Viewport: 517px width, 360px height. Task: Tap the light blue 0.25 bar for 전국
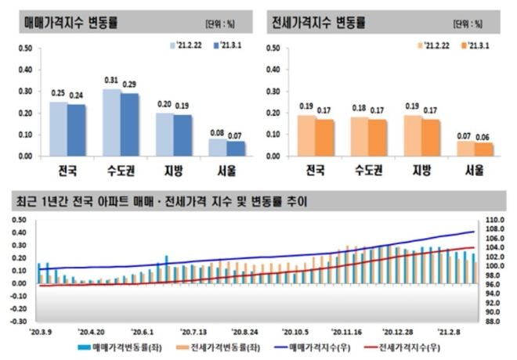58,128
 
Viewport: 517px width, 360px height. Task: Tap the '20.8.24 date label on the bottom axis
246,332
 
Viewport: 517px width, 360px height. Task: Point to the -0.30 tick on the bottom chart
18,321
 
